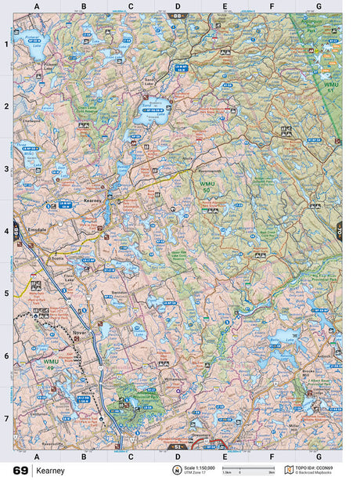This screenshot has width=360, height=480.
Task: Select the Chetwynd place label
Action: [31, 121]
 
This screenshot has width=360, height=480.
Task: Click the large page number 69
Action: [20, 470]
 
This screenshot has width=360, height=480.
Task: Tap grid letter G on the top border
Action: [318, 6]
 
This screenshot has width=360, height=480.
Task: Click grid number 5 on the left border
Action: [6, 294]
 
